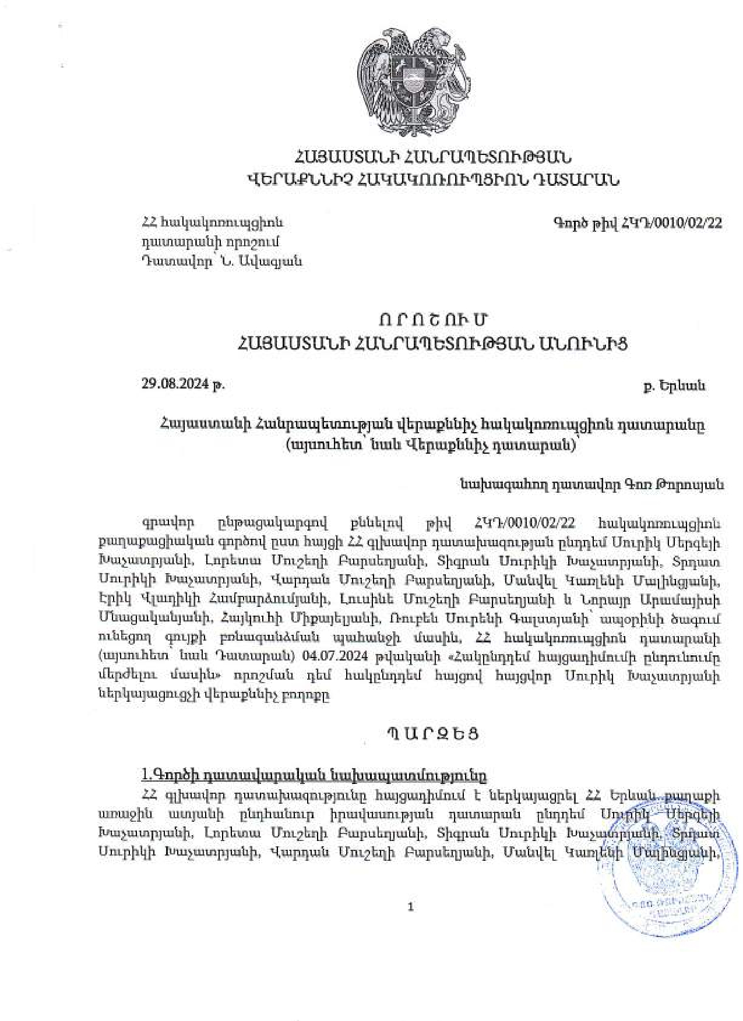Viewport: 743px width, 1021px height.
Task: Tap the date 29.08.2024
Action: [x=175, y=384]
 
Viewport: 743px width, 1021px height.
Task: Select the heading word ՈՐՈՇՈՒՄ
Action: [x=432, y=320]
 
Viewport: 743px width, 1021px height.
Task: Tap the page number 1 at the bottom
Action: [x=411, y=907]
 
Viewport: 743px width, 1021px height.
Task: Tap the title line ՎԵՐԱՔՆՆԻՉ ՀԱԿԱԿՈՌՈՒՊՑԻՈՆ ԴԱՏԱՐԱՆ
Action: [x=432, y=180]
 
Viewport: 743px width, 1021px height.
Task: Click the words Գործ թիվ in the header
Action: [x=585, y=222]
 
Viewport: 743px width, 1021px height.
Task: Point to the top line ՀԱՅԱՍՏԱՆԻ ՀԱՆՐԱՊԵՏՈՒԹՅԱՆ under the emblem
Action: [x=432, y=157]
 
